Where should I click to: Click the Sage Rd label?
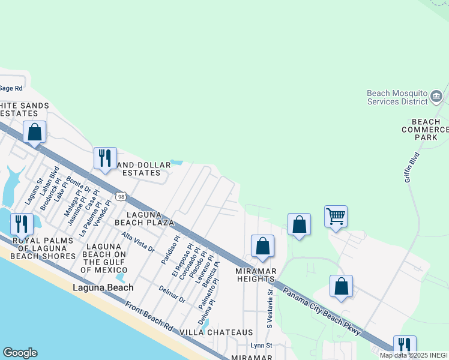point(11,88)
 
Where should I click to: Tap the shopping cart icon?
point(336,216)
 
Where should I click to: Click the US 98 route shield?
point(121,196)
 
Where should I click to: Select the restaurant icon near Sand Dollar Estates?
point(105,158)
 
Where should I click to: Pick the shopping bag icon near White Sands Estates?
point(34,131)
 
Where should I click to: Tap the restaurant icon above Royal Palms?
point(22,224)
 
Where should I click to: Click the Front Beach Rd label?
point(149,316)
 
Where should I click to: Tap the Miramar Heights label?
point(256,275)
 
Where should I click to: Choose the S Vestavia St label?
point(270,308)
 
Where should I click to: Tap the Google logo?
point(20,353)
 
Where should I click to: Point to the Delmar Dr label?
point(173,294)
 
